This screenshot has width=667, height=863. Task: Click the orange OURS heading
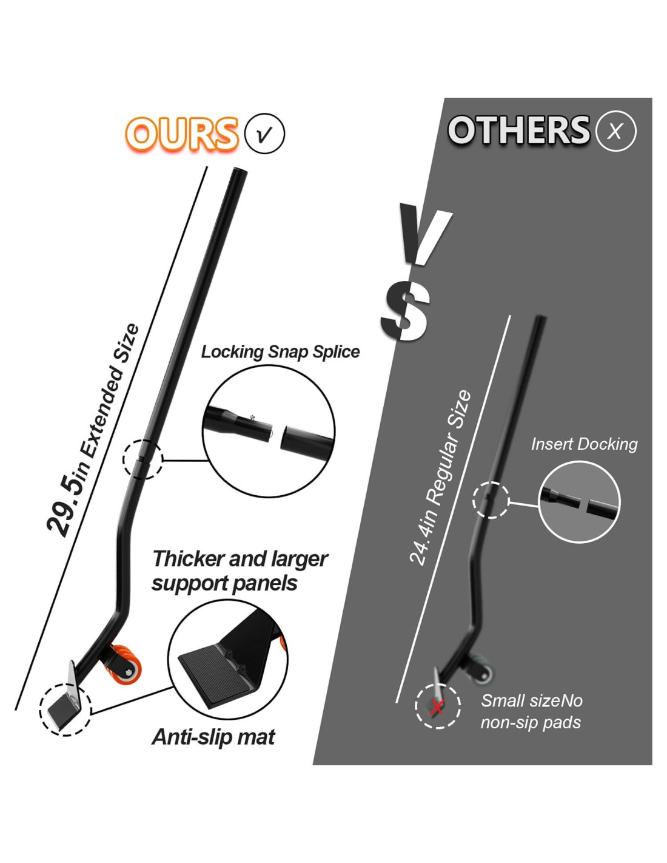[x=181, y=134]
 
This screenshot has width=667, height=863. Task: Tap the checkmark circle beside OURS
[x=264, y=134]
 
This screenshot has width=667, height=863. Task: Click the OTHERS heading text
[x=518, y=130]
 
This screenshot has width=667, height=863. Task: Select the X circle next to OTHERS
[x=615, y=131]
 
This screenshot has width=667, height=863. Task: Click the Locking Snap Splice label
[x=280, y=352]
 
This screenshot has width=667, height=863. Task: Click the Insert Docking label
[x=584, y=444]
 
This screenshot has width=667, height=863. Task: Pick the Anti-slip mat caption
[x=213, y=737]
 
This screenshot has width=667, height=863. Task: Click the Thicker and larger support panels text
[x=240, y=570]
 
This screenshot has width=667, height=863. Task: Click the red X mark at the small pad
[x=437, y=706]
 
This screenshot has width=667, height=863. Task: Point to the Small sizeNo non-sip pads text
[x=531, y=711]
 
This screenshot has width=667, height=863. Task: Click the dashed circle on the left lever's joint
[x=143, y=459]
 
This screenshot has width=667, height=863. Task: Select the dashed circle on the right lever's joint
[x=491, y=500]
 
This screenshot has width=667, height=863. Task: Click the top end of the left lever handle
[x=238, y=174]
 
